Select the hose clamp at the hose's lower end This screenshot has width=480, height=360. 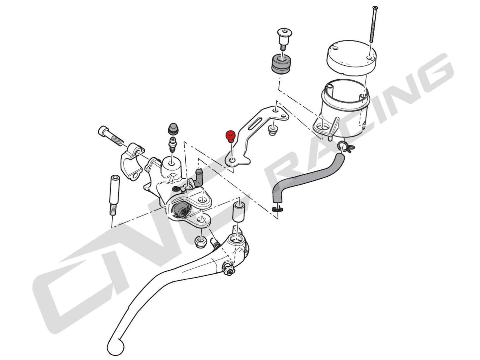[275, 209]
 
